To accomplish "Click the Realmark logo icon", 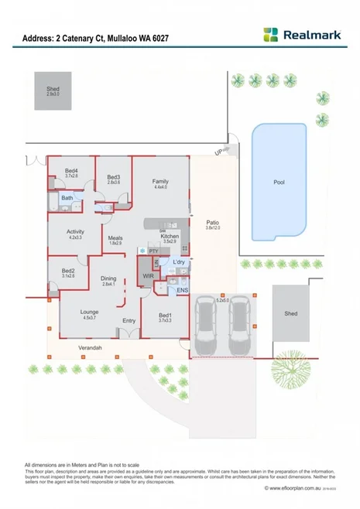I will (x=270, y=35).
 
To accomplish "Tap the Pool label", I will (x=279, y=183).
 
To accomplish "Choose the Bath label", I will (x=67, y=198).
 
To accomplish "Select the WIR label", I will (x=148, y=275).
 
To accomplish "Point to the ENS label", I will (x=182, y=290).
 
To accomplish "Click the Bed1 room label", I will (x=165, y=315).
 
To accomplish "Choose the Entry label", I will (x=129, y=320).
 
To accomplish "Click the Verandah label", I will (x=90, y=349).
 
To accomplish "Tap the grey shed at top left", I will (x=52, y=91).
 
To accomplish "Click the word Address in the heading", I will (x=37, y=37).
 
